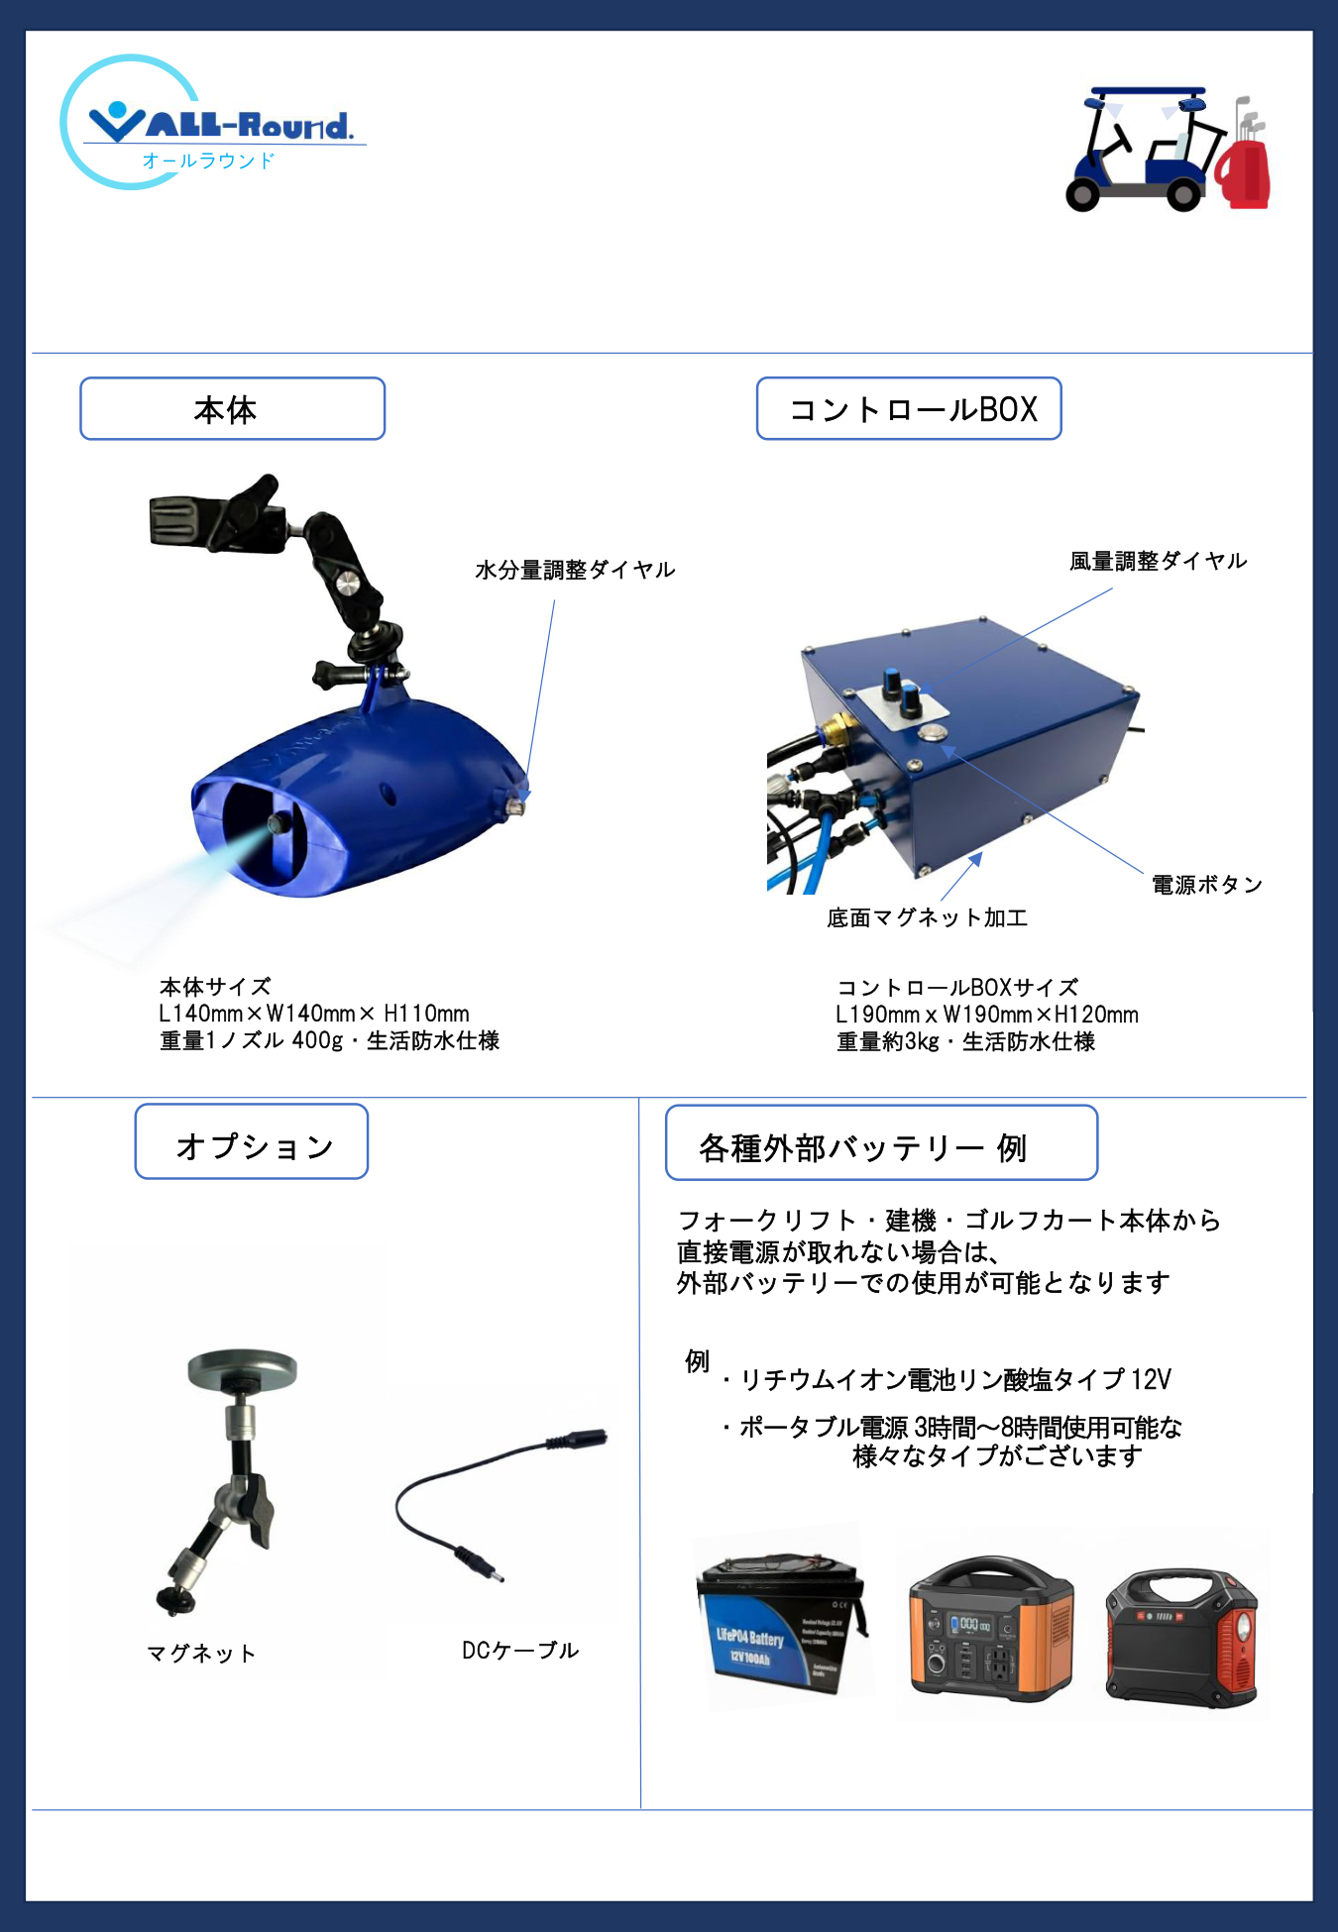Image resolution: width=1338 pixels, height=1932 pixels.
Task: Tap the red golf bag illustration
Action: pyautogui.click(x=1243, y=170)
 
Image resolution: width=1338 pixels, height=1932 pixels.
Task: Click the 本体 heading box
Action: pyautogui.click(x=232, y=408)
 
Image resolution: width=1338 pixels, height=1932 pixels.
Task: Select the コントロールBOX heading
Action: pyautogui.click(x=909, y=408)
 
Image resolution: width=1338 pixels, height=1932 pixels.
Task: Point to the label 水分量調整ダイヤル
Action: pyautogui.click(x=575, y=570)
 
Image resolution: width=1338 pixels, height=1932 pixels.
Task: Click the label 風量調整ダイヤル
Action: pyautogui.click(x=1158, y=561)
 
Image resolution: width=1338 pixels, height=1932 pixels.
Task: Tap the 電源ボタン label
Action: pyautogui.click(x=1207, y=884)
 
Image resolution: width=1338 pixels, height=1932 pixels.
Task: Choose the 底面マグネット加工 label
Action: pyautogui.click(x=927, y=917)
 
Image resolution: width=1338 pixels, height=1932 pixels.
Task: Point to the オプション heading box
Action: pyautogui.click(x=252, y=1141)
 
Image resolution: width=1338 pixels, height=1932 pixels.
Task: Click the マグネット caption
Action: pyautogui.click(x=201, y=1653)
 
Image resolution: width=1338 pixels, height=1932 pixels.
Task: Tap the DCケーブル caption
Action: pyautogui.click(x=520, y=1650)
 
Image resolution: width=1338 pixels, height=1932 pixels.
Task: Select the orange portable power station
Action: pyautogui.click(x=991, y=1628)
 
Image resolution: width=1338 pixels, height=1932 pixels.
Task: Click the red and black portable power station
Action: pyautogui.click(x=1181, y=1637)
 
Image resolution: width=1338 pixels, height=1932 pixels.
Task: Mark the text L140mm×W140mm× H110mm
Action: pyautogui.click(x=314, y=1014)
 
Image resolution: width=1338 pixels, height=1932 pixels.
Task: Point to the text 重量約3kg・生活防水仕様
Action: pyautogui.click(x=966, y=1041)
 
